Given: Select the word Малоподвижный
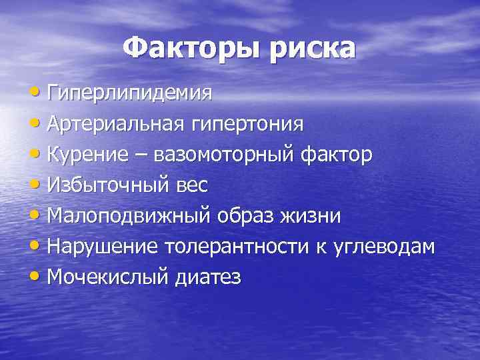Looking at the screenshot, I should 129,217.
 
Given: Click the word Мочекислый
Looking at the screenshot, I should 105,278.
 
